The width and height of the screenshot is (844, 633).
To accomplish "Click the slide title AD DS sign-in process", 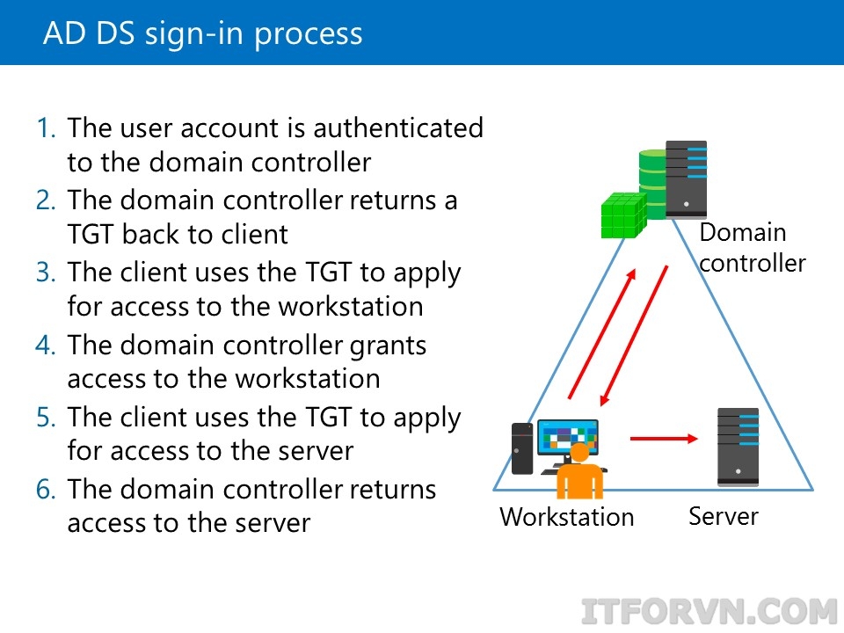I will pyautogui.click(x=202, y=33).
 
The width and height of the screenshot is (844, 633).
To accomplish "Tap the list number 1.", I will pyautogui.click(x=46, y=128).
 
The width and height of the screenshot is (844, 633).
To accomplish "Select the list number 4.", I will pyautogui.click(x=46, y=345).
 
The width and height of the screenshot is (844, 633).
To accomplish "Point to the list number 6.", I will pyautogui.click(x=46, y=489).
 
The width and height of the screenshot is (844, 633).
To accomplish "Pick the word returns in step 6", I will pyautogui.click(x=387, y=489).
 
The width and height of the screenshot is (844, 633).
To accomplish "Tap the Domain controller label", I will pyautogui.click(x=752, y=248).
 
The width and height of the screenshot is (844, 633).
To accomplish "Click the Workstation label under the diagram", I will pyautogui.click(x=566, y=517).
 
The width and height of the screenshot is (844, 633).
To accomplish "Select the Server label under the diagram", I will pyautogui.click(x=723, y=516).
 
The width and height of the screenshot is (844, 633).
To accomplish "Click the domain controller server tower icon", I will pyautogui.click(x=686, y=179).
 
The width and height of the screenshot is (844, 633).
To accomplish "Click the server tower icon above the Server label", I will pyautogui.click(x=738, y=447).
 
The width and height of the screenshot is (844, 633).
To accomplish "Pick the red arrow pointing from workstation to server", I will pyautogui.click(x=665, y=436).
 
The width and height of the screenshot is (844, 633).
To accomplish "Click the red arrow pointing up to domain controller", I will pyautogui.click(x=600, y=335).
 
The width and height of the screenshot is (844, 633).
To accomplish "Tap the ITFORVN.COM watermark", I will pyautogui.click(x=710, y=611).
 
